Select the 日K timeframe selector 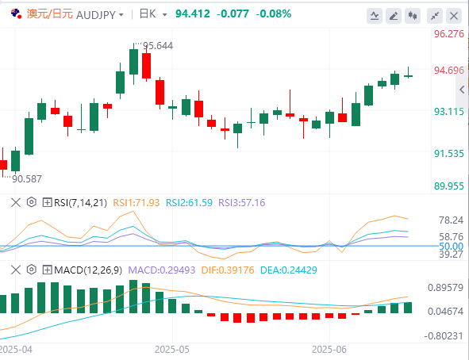pyautogui.click(x=153, y=14)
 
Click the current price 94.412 pyautogui.click(x=193, y=13)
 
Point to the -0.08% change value pyautogui.click(x=273, y=13)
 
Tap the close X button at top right pyautogui.click(x=454, y=16)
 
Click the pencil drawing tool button pyautogui.click(x=394, y=16)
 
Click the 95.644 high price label pyautogui.click(x=158, y=46)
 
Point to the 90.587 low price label pyautogui.click(x=27, y=179)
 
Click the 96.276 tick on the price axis pyautogui.click(x=449, y=34)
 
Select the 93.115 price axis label pyautogui.click(x=449, y=112)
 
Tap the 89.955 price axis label pyautogui.click(x=449, y=186)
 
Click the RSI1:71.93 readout pyautogui.click(x=136, y=203)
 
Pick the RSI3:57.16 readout pyautogui.click(x=242, y=203)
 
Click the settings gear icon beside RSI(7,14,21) pyautogui.click(x=32, y=202)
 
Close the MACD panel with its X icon pyautogui.click(x=16, y=270)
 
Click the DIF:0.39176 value pyautogui.click(x=228, y=270)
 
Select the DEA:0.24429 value pyautogui.click(x=289, y=270)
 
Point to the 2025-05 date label pyautogui.click(x=172, y=350)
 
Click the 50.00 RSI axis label pyautogui.click(x=452, y=247)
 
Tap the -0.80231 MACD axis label pyautogui.click(x=444, y=336)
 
